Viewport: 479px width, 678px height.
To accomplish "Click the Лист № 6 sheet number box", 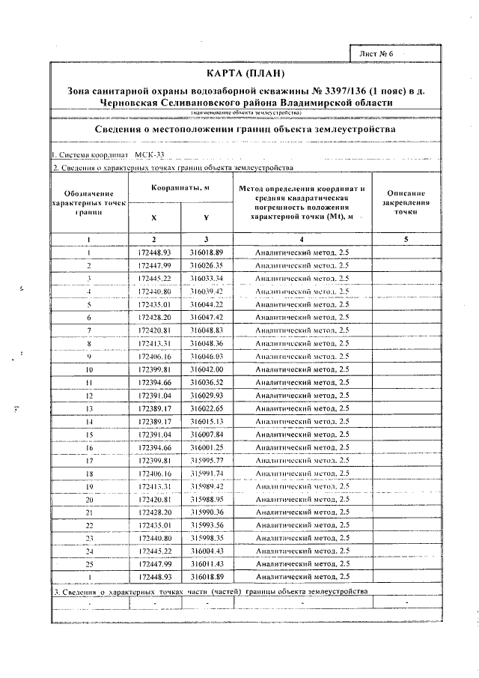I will pos(381,55).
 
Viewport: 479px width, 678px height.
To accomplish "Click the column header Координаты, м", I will pos(180,187).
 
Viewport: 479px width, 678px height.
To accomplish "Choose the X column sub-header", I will pos(154,218).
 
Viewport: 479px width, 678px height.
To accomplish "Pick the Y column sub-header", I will pos(206,218).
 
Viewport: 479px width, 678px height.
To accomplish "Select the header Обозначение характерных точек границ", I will pos(88,203).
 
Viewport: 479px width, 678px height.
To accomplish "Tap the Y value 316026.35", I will pos(207,265).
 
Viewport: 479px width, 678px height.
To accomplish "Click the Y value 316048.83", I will pos(207,330).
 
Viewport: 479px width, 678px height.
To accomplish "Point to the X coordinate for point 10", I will pos(155,369).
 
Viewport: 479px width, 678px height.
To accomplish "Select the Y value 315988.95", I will pos(207,500).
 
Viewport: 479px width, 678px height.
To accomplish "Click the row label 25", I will pos(88,564).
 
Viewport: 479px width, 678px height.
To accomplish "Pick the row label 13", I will pos(88,408).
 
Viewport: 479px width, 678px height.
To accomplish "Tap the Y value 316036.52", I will pos(207,382).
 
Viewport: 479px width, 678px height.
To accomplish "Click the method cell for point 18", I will pos(302,473).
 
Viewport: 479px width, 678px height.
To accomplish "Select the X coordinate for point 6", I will pos(155,318).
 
